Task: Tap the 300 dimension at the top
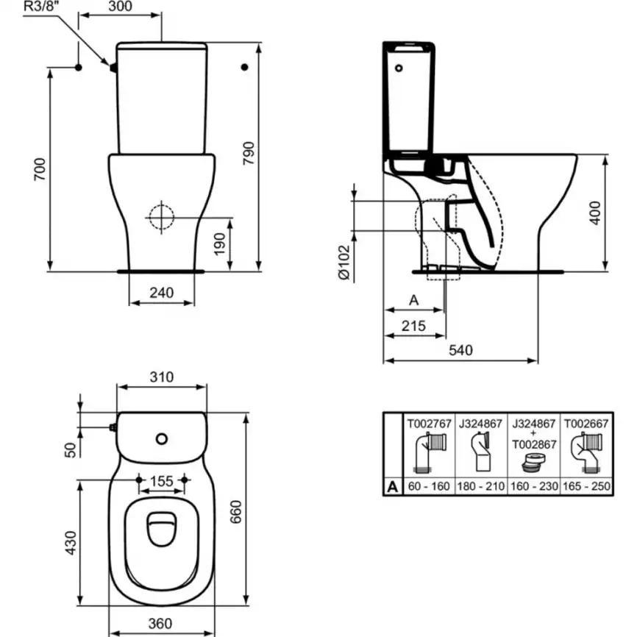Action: point(119,7)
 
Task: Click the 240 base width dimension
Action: point(161,292)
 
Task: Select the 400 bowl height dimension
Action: point(595,212)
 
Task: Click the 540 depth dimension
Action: point(460,350)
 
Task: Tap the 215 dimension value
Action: point(413,326)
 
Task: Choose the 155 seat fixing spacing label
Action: point(161,481)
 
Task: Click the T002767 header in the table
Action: point(427,423)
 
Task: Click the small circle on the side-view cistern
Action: point(400,69)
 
